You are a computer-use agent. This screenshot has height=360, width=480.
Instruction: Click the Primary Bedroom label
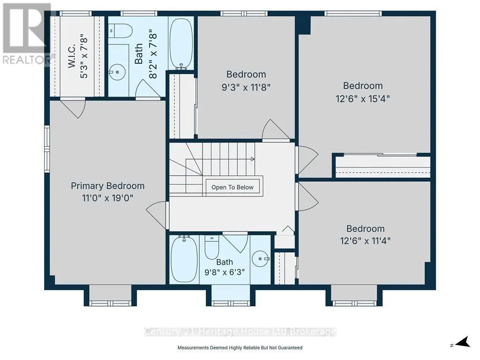click(107, 186)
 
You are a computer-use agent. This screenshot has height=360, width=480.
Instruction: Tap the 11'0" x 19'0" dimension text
click(107, 198)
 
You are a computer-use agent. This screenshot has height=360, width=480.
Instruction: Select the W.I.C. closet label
click(71, 56)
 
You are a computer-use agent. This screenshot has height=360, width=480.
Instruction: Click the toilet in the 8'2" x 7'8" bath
click(120, 31)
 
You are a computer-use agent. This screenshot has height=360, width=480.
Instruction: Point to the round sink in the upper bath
click(118, 72)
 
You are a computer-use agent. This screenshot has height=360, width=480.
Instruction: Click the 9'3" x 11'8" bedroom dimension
click(246, 88)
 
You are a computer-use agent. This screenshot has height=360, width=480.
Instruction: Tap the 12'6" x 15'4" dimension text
click(363, 99)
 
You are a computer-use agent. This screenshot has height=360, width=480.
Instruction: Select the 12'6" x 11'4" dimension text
click(365, 240)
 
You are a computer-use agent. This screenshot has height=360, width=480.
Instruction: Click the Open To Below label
click(232, 187)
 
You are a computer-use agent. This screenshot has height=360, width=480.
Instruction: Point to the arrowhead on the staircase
click(253, 159)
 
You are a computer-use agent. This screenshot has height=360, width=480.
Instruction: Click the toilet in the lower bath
click(211, 247)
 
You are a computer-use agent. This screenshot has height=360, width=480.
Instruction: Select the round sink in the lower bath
click(261, 259)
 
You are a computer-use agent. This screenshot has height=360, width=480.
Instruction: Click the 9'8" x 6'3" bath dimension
click(225, 272)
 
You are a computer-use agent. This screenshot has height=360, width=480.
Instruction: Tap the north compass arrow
click(463, 342)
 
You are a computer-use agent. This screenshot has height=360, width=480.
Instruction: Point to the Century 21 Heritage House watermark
click(240, 331)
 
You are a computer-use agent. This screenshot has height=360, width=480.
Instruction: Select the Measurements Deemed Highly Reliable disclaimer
click(240, 348)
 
